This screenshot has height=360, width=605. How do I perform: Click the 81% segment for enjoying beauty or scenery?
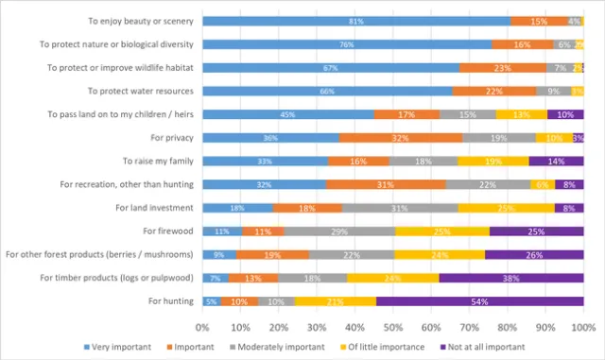356,21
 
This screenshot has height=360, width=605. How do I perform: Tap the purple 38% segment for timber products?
511,278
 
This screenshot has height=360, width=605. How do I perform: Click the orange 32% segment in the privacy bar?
401,138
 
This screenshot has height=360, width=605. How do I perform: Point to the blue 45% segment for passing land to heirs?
288,114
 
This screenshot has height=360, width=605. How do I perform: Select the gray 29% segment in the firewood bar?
339,231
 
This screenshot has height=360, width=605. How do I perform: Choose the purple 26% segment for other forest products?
534,254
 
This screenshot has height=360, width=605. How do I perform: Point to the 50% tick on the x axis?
393,326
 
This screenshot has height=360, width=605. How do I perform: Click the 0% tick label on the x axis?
202,326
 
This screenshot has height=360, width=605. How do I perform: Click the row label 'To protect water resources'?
140,91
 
